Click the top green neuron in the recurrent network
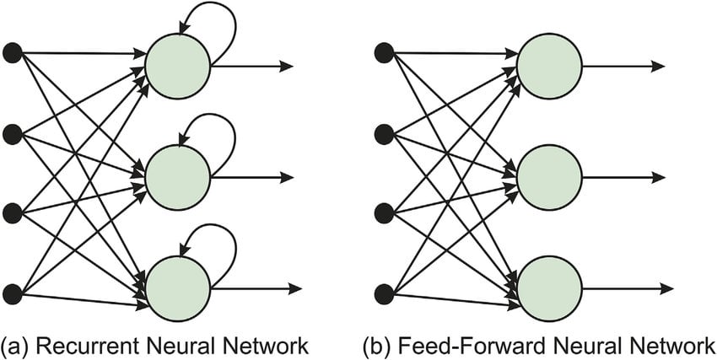point(177,66)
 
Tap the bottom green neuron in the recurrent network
point(177,287)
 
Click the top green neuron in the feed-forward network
point(549,66)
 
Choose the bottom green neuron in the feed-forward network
point(549,287)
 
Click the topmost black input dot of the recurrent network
point(13,53)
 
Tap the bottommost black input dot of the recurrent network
point(13,293)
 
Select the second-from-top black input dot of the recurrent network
point(13,133)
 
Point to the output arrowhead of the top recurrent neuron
point(287,66)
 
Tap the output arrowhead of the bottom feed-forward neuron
point(659,287)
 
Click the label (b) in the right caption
point(376,345)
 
